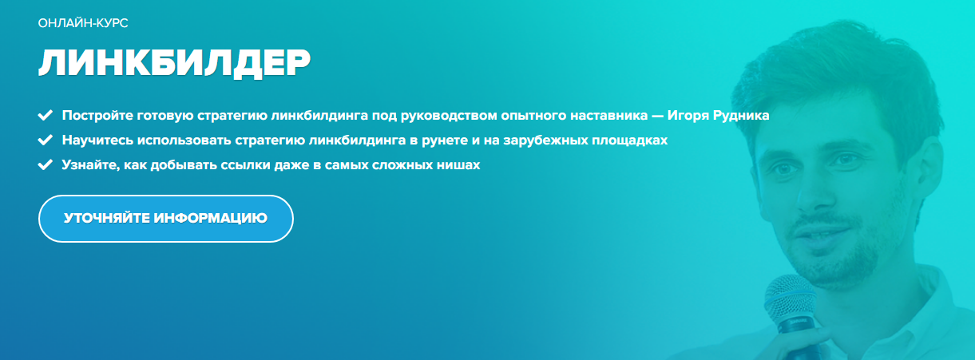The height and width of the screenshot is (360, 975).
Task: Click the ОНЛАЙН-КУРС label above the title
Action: tap(83, 23)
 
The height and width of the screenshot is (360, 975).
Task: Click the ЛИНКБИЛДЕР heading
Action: tap(173, 63)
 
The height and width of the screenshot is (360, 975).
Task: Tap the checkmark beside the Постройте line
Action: tap(45, 115)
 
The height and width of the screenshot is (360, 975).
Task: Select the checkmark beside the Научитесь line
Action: tap(45, 140)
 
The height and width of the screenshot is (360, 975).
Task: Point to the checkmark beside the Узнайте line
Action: tap(45, 166)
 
